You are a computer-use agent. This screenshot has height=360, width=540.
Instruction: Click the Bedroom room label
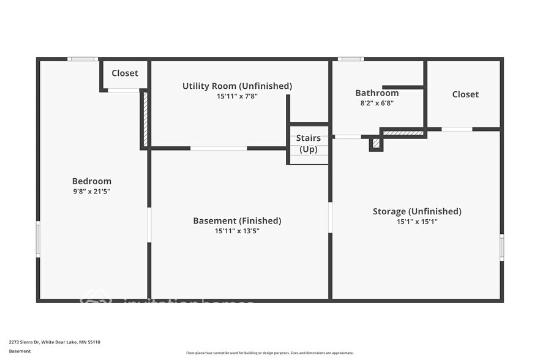coord(92,181)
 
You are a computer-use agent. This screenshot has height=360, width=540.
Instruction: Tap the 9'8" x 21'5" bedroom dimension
coord(92,192)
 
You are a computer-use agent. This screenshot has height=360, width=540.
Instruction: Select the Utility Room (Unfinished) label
coord(237,86)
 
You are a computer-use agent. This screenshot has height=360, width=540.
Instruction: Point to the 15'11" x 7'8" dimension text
coord(237,96)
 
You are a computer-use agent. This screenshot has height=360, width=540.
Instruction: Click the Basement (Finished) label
coord(237,221)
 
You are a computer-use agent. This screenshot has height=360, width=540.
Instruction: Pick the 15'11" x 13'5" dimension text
coord(237,231)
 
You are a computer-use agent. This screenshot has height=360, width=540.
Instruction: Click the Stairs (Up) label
coord(309,143)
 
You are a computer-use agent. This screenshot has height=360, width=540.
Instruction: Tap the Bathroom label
coord(377,93)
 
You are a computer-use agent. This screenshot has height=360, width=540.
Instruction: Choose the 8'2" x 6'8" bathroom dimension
coord(377,103)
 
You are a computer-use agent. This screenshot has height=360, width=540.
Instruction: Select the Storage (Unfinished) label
coord(417,212)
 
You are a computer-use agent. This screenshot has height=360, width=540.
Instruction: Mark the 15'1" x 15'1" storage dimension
coord(417,222)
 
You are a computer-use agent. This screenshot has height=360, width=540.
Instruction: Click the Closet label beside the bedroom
coord(125,73)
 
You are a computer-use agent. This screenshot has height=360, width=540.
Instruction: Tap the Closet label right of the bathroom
coord(465,94)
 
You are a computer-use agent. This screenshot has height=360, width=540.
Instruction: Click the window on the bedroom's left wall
coord(38,239)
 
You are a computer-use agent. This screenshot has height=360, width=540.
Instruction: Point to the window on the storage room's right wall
coord(501,247)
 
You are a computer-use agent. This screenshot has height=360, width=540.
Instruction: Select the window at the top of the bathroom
coord(351,59)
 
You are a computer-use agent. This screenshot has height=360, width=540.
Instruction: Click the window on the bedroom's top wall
coord(83,59)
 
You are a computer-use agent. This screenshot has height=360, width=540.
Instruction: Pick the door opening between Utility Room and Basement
coord(219,148)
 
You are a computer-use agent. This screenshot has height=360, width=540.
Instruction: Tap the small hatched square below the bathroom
coord(377,144)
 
